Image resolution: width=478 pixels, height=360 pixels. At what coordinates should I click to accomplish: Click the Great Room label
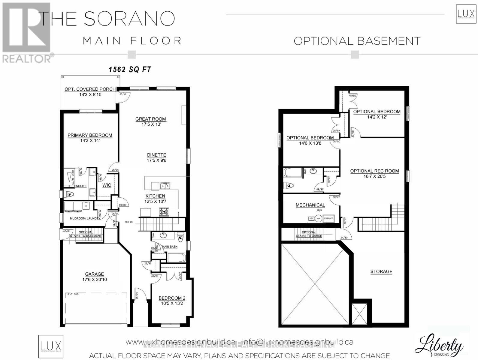pos(150,119)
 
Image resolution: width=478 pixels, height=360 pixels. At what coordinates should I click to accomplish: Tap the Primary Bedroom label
pos(90,135)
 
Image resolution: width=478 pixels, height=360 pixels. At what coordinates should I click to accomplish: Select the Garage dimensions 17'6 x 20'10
pos(95,280)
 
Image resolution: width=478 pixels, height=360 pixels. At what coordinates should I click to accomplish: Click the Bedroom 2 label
pos(172,298)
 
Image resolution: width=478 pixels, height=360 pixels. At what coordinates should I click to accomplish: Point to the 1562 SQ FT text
pos(130,70)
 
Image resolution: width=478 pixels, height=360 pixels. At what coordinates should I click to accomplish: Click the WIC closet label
pos(107,185)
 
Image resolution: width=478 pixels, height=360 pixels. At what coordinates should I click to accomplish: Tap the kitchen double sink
pos(165,186)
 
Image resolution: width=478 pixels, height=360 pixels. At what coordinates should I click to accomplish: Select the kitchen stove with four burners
pos(164,212)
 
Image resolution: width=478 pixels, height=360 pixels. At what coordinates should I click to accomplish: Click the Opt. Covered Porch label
pos(90,89)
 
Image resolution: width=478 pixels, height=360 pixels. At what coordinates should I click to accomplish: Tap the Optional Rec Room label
pos(374,171)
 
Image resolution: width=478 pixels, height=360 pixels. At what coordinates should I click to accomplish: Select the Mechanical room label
pos(310,205)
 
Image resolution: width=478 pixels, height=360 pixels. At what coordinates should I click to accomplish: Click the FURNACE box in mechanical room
pos(328,218)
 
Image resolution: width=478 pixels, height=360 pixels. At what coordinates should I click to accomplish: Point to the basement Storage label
pos(381,271)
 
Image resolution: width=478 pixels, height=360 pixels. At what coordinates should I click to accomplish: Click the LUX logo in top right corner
pos(466,14)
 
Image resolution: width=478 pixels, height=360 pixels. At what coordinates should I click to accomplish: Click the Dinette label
pos(156,155)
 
